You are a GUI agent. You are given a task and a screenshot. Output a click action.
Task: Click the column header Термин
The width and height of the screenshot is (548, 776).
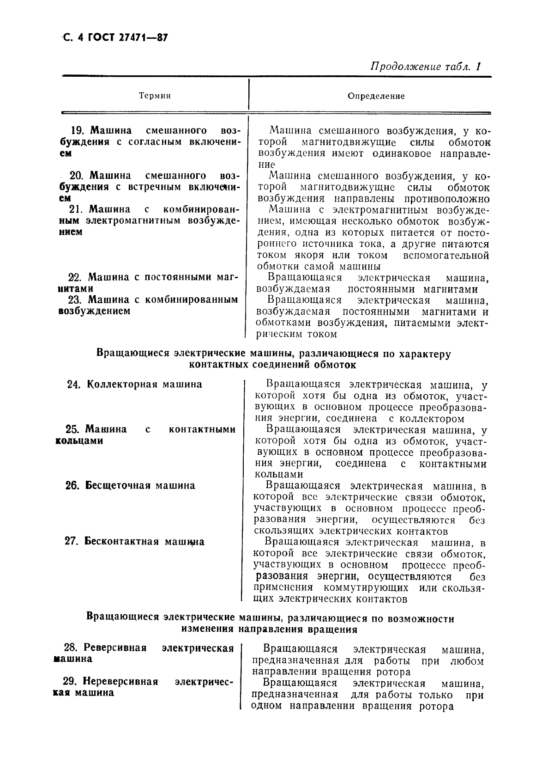click(155, 96)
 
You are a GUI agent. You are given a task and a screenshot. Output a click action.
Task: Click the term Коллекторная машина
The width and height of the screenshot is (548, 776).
click(144, 385)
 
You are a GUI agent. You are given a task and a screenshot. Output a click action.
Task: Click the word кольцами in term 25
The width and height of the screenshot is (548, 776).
click(79, 440)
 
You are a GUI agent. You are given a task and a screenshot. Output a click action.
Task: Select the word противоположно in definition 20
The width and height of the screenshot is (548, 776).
click(446, 199)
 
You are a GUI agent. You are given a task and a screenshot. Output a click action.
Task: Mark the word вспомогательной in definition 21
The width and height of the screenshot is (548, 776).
click(446, 256)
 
